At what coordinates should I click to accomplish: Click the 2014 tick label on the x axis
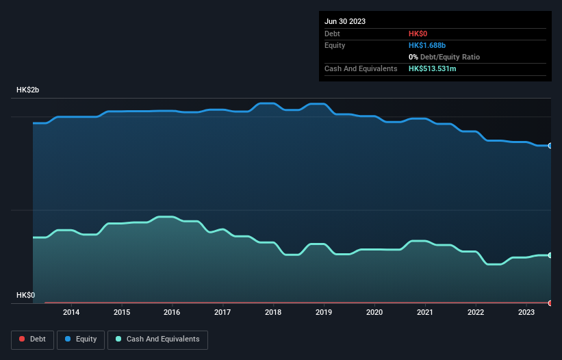[71, 313]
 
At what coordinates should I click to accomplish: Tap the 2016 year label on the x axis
[172, 313]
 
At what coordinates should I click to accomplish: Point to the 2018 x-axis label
[273, 313]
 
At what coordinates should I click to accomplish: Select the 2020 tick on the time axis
[374, 313]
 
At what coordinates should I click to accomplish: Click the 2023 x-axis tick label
[526, 313]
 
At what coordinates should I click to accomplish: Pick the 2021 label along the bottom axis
[425, 313]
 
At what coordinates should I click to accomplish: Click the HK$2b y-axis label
[27, 90]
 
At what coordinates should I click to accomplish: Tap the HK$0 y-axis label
[26, 295]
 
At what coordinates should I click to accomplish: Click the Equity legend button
[80, 339]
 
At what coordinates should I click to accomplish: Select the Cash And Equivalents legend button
[157, 339]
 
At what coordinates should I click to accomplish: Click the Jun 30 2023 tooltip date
[345, 21]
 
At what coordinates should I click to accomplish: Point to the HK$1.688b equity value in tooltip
[427, 45]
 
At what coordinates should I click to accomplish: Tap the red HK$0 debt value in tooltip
[419, 34]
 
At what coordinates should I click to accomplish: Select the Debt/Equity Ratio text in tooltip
[448, 57]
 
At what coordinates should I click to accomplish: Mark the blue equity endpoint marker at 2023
[550, 146]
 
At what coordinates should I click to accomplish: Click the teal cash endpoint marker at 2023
[550, 255]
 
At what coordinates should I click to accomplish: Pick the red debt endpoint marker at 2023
[550, 303]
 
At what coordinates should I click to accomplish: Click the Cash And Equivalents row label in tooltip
[361, 69]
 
